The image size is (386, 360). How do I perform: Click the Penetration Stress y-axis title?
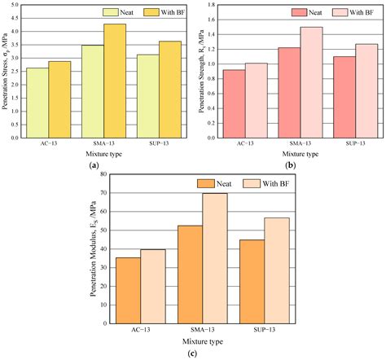click(x=7, y=72)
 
